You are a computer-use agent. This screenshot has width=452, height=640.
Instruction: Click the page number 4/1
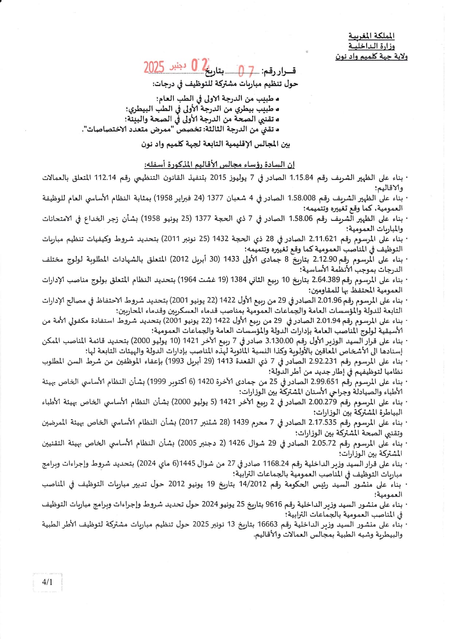click(x=47, y=582)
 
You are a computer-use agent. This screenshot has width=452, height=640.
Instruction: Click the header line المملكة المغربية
click(x=371, y=36)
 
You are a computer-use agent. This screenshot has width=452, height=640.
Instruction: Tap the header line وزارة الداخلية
click(x=371, y=46)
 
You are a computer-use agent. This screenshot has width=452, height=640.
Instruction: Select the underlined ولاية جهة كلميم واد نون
click(x=371, y=57)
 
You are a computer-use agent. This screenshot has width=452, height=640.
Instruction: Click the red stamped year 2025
click(x=153, y=68)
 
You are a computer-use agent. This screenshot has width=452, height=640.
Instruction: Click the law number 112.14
click(x=105, y=178)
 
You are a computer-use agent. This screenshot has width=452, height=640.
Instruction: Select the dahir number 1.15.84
click(x=301, y=178)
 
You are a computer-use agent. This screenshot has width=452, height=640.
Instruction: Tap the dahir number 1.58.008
click(x=301, y=198)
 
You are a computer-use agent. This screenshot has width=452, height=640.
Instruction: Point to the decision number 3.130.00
click(x=280, y=341)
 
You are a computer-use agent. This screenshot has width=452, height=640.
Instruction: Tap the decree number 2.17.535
click(x=322, y=423)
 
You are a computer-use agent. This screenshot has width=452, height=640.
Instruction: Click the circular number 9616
click(x=274, y=505)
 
